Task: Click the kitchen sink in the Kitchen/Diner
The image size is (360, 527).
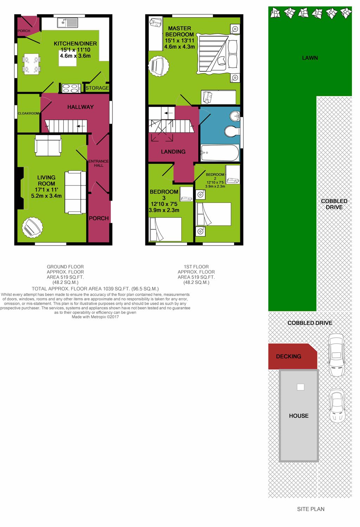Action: [67, 23]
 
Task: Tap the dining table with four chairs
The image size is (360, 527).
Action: [31, 64]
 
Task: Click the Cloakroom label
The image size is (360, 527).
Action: [28, 113]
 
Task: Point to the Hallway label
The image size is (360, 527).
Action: [81, 107]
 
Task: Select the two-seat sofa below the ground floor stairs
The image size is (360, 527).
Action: [48, 146]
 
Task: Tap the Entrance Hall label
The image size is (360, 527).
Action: [98, 163]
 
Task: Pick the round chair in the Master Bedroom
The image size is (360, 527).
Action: [159, 66]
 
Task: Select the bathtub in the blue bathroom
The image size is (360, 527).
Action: [220, 153]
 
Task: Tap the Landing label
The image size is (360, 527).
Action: [173, 152]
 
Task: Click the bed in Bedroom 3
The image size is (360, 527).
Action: [165, 229]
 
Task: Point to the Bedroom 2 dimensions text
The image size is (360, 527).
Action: [215, 184]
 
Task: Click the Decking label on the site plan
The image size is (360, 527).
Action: [288, 356]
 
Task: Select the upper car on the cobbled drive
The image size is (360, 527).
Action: [336, 354]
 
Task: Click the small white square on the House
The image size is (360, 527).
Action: [300, 387]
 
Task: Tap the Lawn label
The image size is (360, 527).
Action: [310, 58]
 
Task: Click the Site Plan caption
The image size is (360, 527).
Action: [310, 509]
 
